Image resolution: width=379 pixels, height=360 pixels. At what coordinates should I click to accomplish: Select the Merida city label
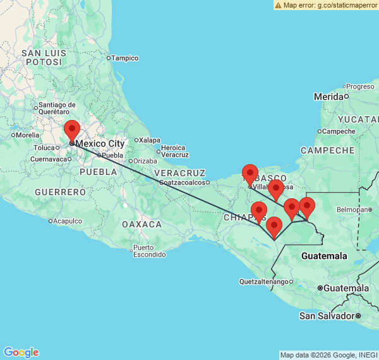click(x=328, y=97)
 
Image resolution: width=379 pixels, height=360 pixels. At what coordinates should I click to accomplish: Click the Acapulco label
click(x=68, y=221)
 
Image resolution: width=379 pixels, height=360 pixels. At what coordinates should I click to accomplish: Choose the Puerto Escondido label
click(x=150, y=251)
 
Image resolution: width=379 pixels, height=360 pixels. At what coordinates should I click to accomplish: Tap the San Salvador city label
click(x=327, y=315)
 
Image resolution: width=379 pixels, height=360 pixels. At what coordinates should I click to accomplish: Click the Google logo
click(x=21, y=352)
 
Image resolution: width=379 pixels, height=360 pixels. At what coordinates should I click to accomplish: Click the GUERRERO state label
click(x=60, y=191)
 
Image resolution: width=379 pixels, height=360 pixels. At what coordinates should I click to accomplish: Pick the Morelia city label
click(x=28, y=135)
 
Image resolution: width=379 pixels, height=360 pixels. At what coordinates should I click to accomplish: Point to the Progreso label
click(x=360, y=87)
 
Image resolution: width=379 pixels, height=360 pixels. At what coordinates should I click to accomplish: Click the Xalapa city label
click(x=150, y=140)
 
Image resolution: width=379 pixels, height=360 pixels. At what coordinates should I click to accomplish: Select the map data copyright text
click(x=328, y=355)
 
